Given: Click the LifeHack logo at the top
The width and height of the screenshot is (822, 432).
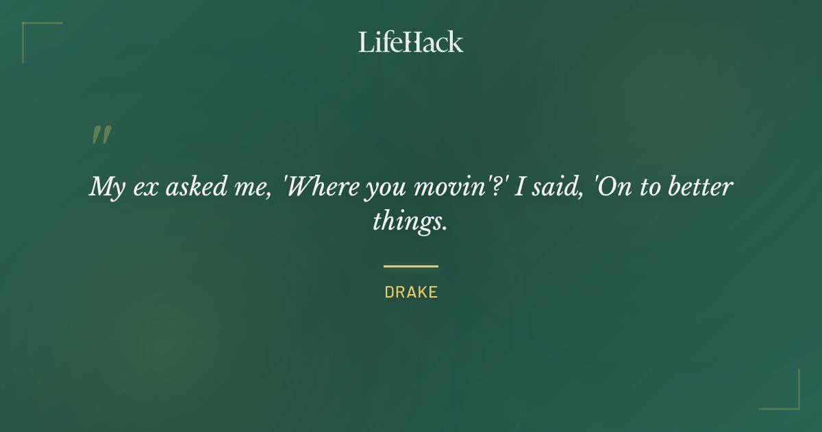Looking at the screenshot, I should pyautogui.click(x=411, y=42).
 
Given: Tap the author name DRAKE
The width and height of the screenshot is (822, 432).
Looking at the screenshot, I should pyautogui.click(x=411, y=292).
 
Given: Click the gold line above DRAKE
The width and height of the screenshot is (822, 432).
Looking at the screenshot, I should pyautogui.click(x=411, y=266).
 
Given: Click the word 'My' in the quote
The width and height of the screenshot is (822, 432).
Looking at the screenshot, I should pyautogui.click(x=105, y=187).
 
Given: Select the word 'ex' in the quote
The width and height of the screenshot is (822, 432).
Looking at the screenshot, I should pyautogui.click(x=142, y=187).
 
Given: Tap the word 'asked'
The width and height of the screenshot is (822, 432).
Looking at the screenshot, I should pyautogui.click(x=187, y=187).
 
